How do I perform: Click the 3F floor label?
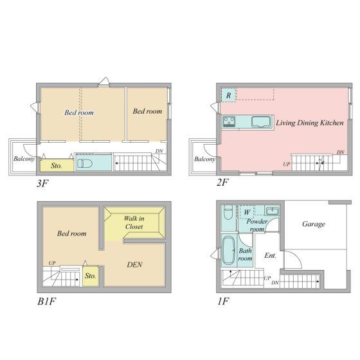(42, 184)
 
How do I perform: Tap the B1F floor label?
(46, 301)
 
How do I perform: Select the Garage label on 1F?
(314, 224)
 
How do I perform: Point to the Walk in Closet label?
(134, 222)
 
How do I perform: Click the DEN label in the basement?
(135, 264)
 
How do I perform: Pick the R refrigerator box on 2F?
(228, 95)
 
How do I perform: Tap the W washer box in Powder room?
(247, 212)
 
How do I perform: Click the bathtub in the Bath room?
(228, 250)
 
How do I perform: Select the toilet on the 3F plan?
(85, 163)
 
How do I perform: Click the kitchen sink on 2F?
(260, 122)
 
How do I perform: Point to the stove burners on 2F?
(229, 122)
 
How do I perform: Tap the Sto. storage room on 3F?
(57, 165)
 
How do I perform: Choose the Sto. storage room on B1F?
(91, 276)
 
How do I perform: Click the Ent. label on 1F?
(270, 256)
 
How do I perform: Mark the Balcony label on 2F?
(204, 159)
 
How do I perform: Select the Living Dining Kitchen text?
(310, 123)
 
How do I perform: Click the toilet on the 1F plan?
(228, 213)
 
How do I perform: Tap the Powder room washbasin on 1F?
(272, 211)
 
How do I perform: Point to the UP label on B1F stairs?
(52, 263)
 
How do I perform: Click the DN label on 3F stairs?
(159, 151)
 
